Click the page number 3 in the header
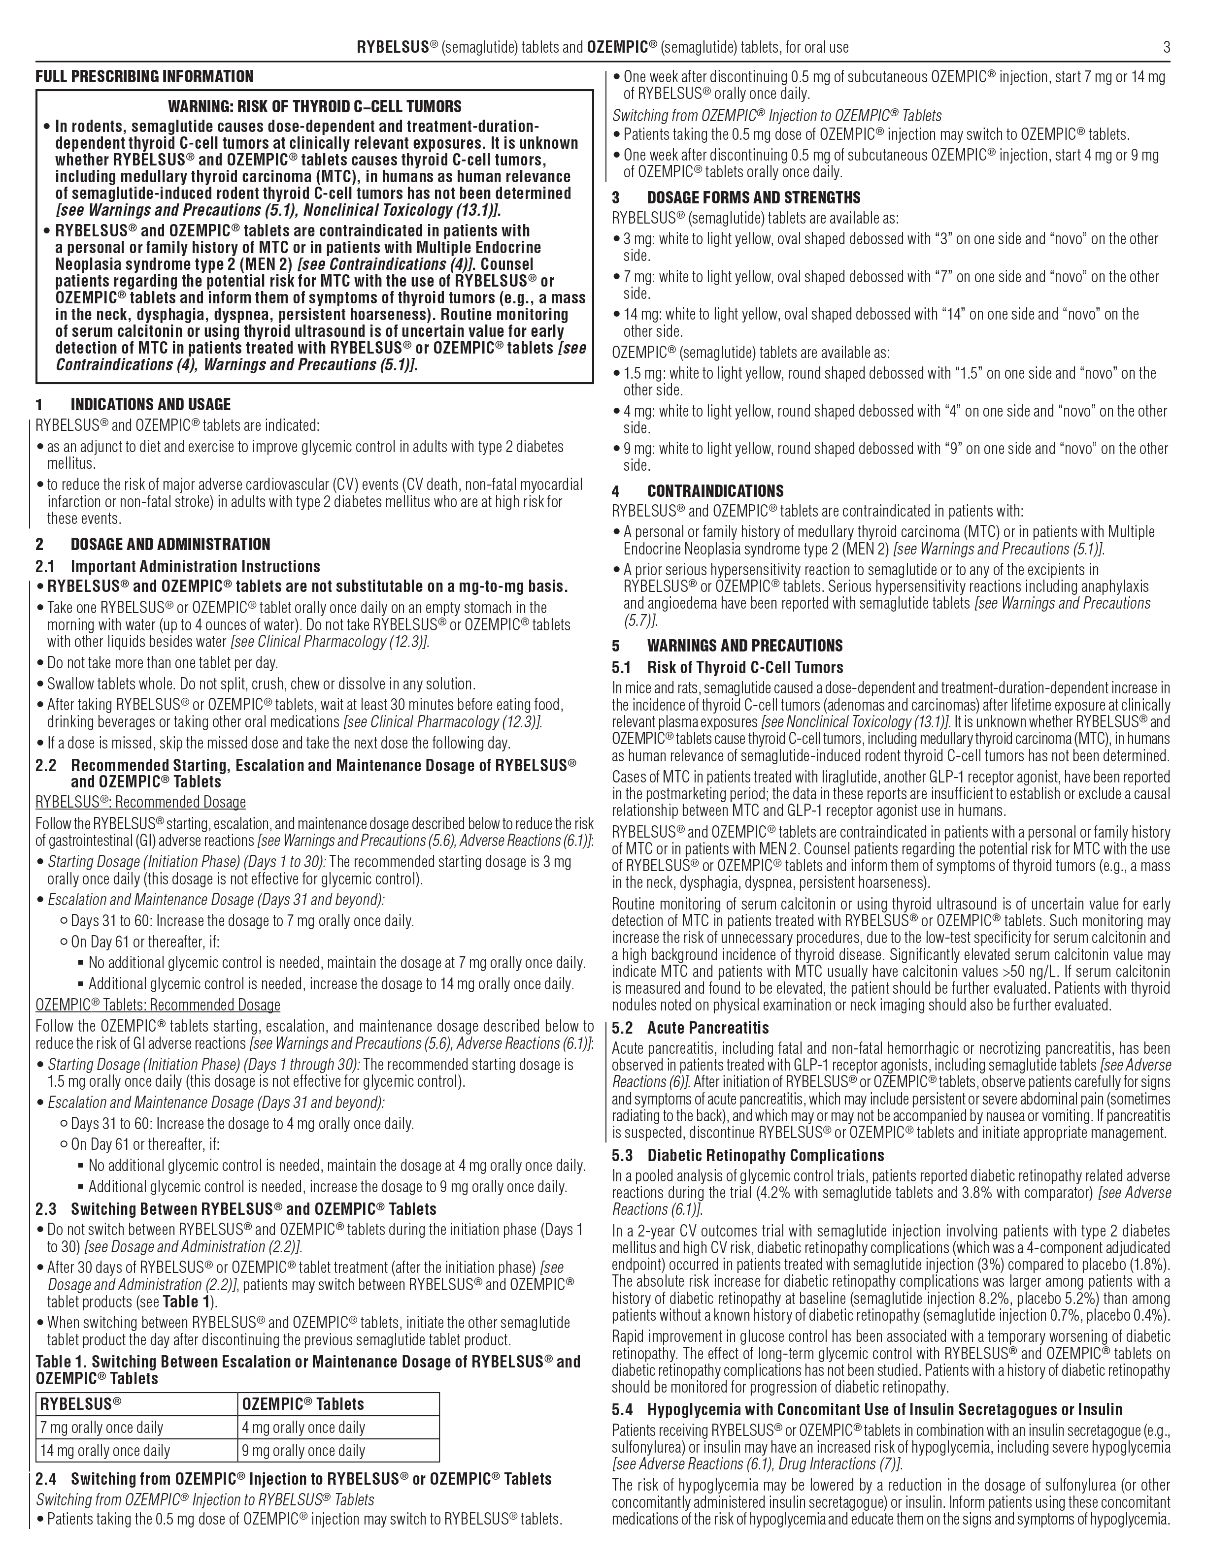[x=1167, y=48]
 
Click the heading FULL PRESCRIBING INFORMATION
[x=144, y=76]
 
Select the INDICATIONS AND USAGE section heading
[x=150, y=404]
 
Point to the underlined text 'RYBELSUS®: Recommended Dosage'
[x=141, y=802]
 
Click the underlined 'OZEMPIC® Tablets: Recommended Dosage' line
[x=158, y=1005]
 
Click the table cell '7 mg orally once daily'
[x=101, y=1427]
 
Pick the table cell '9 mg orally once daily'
[x=303, y=1450]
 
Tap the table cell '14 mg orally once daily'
[x=105, y=1450]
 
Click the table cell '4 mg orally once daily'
[x=303, y=1427]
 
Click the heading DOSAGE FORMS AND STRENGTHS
[x=753, y=198]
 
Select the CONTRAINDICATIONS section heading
[x=714, y=491]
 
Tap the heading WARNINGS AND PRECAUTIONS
[x=744, y=646]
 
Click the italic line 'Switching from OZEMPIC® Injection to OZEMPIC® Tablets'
[x=776, y=115]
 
